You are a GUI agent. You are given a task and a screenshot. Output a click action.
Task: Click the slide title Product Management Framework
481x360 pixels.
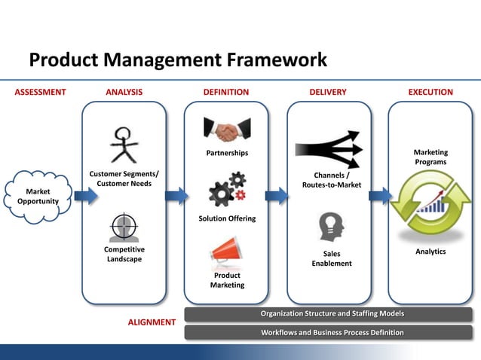click(178, 60)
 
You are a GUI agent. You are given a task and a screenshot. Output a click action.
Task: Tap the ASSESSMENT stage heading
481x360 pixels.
click(41, 93)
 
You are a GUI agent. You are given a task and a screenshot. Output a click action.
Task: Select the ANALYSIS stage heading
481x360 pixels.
click(124, 93)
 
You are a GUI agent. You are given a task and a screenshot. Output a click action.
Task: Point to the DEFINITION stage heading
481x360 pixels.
click(226, 93)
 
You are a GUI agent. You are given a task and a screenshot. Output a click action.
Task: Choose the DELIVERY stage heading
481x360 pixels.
click(328, 93)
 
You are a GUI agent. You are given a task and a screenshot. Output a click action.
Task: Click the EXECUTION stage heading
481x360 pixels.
click(430, 93)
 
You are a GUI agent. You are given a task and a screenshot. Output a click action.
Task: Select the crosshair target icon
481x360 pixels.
click(124, 227)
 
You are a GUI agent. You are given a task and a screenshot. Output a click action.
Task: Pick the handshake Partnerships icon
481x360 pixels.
click(226, 131)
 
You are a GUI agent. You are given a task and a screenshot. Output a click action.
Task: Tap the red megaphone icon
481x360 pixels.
click(226, 252)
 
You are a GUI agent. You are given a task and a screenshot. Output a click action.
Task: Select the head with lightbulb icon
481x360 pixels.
click(331, 225)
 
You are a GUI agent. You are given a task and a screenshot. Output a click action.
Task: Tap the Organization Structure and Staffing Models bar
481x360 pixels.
click(328, 313)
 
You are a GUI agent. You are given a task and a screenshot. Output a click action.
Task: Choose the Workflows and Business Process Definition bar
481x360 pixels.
click(328, 332)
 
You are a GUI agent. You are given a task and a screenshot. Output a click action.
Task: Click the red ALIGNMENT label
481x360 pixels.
click(152, 322)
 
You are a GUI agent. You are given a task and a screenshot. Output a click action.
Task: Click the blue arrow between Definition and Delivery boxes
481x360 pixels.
click(277, 197)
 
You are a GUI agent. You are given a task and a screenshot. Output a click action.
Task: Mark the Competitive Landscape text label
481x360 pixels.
click(124, 254)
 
